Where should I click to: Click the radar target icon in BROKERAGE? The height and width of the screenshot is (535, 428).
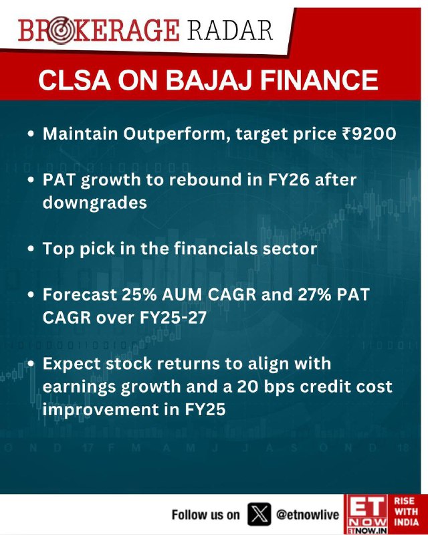pos(60,30)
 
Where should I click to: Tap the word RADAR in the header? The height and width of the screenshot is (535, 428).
pos(229,30)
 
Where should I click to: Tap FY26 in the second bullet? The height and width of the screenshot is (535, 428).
pos(288,180)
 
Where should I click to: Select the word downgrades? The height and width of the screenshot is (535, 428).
pos(95,203)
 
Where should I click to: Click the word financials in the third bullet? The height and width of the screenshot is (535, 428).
pos(215,248)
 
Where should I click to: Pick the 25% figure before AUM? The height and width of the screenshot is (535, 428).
pos(139,294)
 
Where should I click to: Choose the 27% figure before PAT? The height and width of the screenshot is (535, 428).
pos(314,294)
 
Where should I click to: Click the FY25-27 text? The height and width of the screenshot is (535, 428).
pos(173,318)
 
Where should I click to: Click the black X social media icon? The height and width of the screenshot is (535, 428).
pos(259,514)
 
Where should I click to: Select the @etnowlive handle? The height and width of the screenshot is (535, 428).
pos(308,514)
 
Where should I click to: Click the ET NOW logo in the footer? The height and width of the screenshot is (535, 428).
pos(366,514)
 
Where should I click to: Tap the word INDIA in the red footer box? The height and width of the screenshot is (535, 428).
pos(406,522)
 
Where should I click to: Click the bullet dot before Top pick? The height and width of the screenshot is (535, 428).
pos(31,249)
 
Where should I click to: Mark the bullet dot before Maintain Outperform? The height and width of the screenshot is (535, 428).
pos(31,134)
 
